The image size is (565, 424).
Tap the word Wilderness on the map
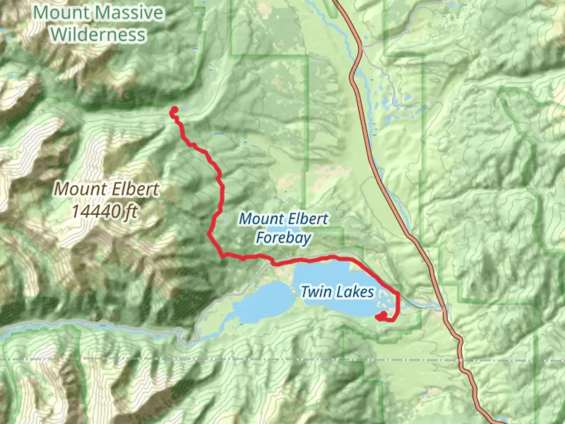[98, 35]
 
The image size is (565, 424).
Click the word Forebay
[283, 238]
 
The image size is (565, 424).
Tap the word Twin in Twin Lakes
[315, 292]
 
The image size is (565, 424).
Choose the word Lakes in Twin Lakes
[355, 292]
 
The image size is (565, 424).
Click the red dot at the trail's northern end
[174, 110]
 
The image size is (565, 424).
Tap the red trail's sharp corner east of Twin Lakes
[398, 293]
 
